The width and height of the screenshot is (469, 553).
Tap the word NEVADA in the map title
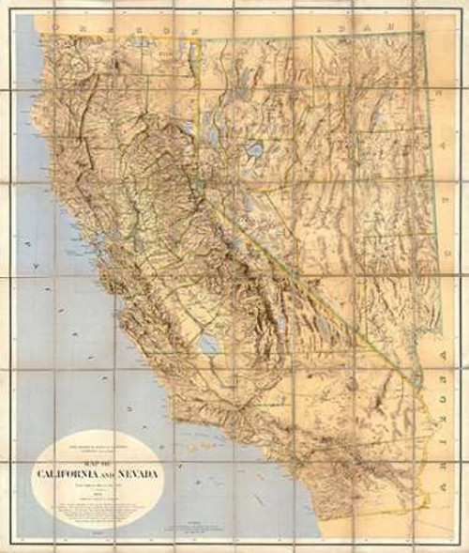[x=138, y=472]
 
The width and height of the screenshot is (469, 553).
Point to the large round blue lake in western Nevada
[x=251, y=151]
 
